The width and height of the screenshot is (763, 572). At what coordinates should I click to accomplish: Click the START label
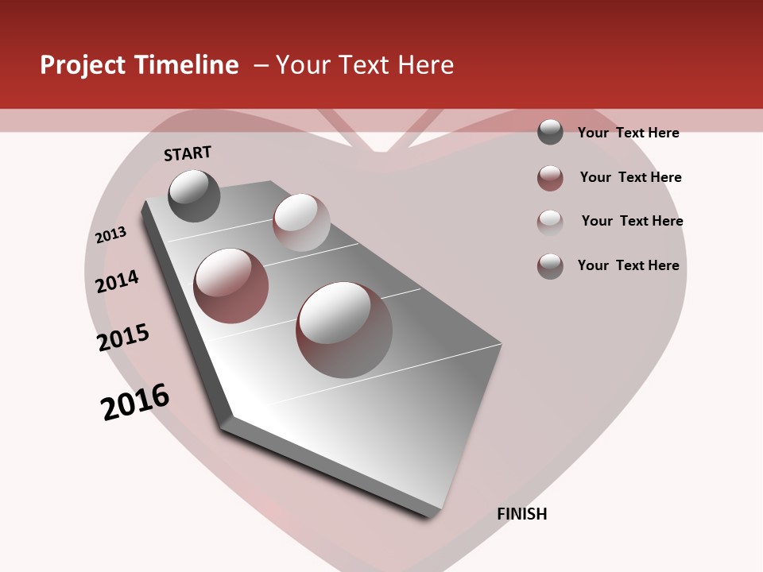(188, 153)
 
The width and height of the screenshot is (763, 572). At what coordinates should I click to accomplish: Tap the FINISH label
(522, 514)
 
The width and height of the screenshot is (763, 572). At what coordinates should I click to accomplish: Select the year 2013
(110, 235)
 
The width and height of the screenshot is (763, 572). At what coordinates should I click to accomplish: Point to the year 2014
(117, 282)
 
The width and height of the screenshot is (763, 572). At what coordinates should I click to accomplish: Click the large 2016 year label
(135, 402)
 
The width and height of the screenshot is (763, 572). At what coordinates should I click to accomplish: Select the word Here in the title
(425, 65)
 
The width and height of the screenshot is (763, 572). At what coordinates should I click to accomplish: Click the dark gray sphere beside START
(195, 195)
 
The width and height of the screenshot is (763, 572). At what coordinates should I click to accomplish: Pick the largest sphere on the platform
(344, 329)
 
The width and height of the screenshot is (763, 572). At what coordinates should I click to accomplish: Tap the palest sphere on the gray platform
(301, 222)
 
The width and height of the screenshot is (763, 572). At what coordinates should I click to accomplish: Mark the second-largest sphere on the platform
(231, 285)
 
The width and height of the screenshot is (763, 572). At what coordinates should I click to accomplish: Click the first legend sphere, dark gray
(550, 132)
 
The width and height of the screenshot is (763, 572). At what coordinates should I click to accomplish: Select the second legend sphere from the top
(550, 178)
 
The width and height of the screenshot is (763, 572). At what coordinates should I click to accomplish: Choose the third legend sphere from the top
(550, 222)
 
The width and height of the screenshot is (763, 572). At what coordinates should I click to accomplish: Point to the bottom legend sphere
(550, 266)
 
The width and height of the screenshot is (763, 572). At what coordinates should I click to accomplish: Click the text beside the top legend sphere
(628, 133)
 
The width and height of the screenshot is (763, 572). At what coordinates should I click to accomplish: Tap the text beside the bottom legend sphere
(628, 265)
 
